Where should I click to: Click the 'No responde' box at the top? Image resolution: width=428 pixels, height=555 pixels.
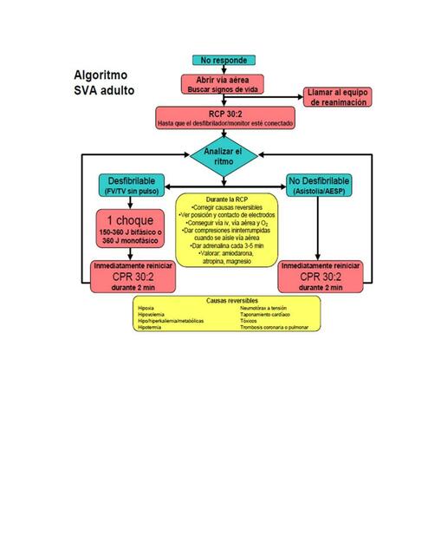coord(224,61)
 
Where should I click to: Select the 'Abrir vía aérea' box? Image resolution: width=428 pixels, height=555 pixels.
coord(224,84)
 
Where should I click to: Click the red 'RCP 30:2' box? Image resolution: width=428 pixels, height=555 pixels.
coord(224,117)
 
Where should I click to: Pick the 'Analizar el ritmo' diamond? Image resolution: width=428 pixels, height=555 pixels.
coord(224,156)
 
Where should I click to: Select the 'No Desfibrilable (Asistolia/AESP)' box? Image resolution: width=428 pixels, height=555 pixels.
coord(319,185)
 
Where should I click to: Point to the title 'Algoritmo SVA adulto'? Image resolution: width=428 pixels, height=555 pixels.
coord(104,82)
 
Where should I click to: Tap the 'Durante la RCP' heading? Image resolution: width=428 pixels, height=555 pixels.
coord(224,200)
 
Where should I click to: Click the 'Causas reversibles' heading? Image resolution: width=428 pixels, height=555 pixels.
coord(228,300)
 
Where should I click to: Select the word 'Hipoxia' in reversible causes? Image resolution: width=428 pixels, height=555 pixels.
coord(147,308)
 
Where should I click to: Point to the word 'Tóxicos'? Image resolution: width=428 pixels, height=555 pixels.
coord(250,321)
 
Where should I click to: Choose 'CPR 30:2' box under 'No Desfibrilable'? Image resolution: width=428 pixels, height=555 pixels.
coord(319,276)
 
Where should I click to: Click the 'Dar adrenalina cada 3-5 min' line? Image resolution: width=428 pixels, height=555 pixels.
coord(224,246)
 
